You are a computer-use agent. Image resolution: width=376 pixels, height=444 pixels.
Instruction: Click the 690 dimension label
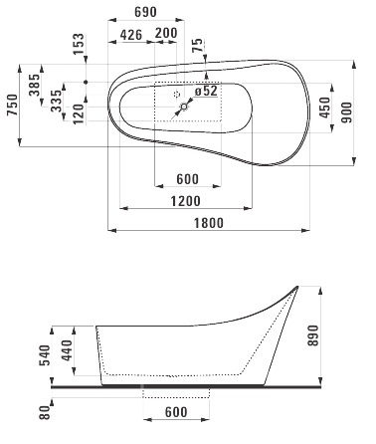pos(145,12)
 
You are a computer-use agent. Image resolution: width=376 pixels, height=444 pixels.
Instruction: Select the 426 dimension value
pos(131,35)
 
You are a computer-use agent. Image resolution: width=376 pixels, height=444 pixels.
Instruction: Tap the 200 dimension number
pos(166,33)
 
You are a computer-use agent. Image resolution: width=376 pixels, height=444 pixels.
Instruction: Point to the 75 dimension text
pos(197,45)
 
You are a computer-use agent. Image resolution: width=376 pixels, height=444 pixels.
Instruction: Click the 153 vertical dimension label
pos(79,44)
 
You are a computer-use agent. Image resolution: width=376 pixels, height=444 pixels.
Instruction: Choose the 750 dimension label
pos(13,105)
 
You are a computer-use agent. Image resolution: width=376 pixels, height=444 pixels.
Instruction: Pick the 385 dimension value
pos(34,85)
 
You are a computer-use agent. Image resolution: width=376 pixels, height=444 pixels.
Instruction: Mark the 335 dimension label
pos(57,101)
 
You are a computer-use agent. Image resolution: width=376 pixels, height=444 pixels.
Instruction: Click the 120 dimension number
pos(79,113)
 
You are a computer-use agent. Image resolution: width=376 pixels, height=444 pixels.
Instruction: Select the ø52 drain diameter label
pos(206,91)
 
